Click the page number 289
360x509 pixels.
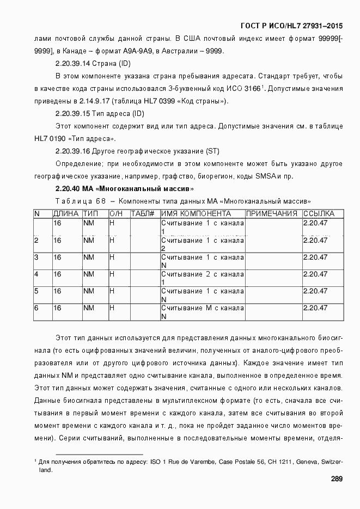coord(336,479)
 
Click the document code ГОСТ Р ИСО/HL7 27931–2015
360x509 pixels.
coord(291,26)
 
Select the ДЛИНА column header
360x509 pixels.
coord(66,214)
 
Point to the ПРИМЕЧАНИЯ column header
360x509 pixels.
coord(272,214)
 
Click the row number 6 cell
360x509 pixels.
coord(36,308)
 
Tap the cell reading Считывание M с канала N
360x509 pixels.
coord(202,312)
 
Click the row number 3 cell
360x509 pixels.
coord(36,257)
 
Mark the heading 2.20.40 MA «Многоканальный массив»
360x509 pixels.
coord(125,189)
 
